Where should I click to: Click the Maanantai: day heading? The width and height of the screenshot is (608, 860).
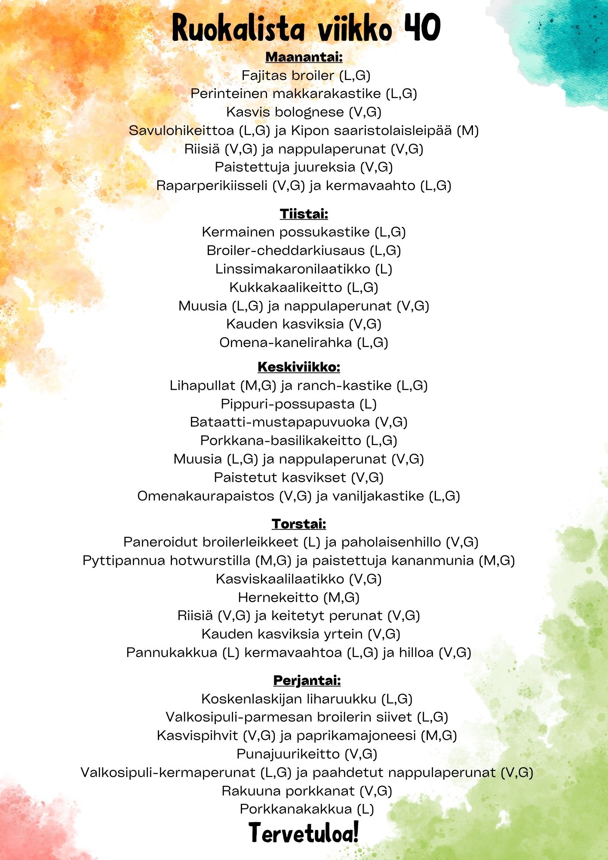tap(304, 57)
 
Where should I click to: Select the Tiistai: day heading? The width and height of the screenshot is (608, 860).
tap(304, 214)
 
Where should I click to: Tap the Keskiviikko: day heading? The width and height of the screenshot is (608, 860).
tap(299, 367)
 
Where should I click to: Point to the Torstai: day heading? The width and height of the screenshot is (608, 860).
tap(299, 524)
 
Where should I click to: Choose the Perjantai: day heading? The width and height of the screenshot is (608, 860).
tap(307, 680)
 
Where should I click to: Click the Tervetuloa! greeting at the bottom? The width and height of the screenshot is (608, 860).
tap(304, 833)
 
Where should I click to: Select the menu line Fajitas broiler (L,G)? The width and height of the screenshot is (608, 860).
tap(306, 76)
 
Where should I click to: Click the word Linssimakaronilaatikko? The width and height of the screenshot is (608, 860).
tap(293, 269)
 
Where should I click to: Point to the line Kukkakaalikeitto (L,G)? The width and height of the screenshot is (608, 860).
tap(304, 287)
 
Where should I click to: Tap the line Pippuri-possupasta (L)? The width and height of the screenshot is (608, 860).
tap(299, 404)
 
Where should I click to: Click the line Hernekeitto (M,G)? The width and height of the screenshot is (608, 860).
tap(299, 597)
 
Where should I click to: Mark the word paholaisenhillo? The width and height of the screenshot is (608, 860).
tap(391, 542)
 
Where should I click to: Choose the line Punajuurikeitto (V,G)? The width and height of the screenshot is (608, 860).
tap(307, 754)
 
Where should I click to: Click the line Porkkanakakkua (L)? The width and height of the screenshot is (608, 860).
tap(307, 809)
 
